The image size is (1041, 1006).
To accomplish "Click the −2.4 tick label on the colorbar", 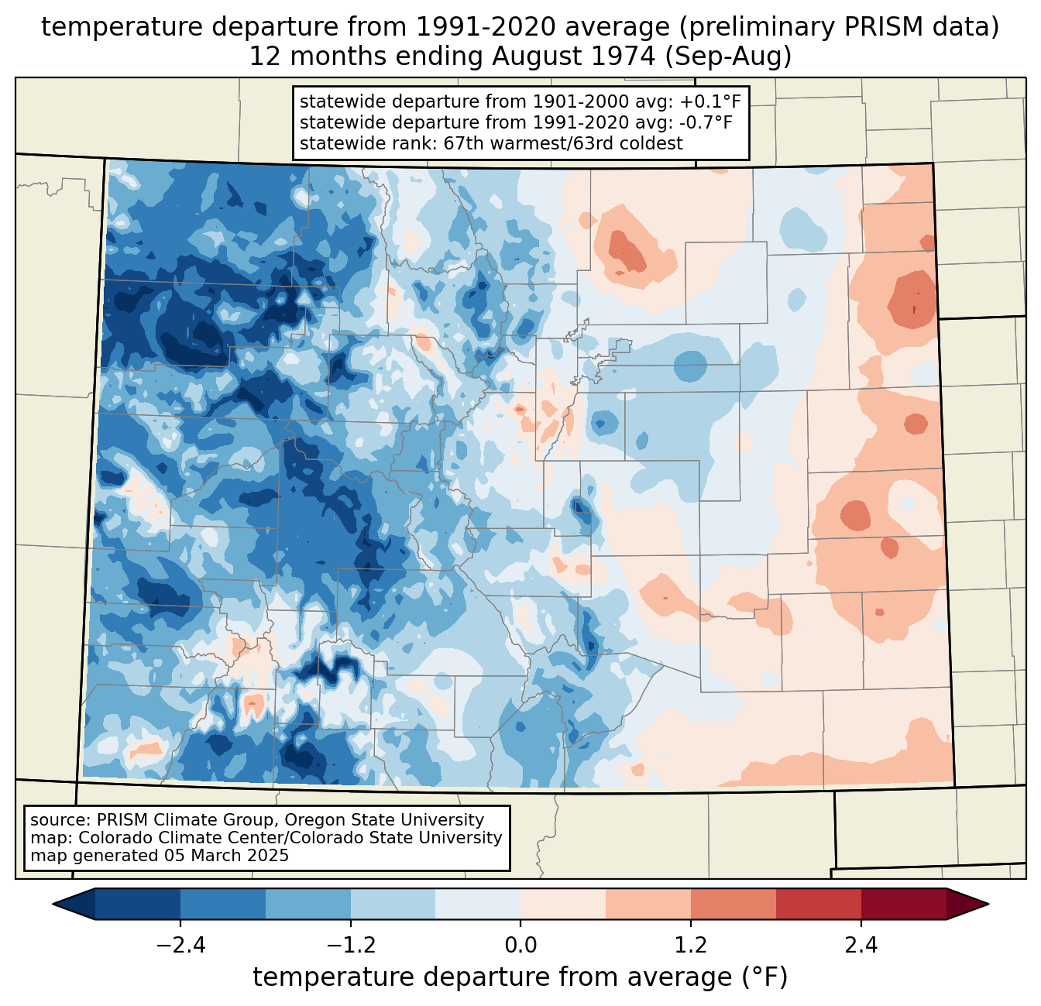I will tap(180, 946).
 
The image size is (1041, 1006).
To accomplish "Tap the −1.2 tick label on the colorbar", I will tap(350, 946).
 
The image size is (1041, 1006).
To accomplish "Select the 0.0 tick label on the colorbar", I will tap(520, 946).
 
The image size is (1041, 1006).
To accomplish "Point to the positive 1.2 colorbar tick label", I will tap(691, 946).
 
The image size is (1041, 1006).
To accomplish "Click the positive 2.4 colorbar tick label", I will tap(861, 946).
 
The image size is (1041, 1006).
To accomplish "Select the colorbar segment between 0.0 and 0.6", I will tap(563, 904).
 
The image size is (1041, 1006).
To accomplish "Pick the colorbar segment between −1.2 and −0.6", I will tap(393, 904).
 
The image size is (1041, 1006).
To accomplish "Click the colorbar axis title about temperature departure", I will tap(520, 977).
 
